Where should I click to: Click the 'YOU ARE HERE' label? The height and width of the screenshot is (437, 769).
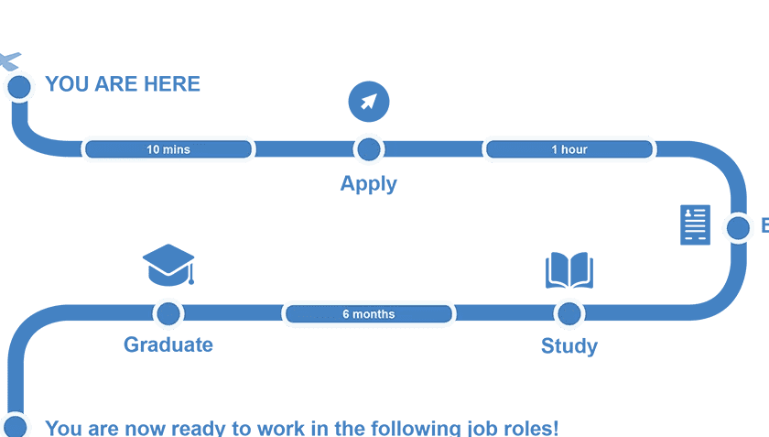[123, 84]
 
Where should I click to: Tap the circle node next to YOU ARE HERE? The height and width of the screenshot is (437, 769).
[19, 87]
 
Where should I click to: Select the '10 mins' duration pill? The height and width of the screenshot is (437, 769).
[168, 149]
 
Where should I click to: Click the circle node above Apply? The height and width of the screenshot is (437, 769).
[369, 149]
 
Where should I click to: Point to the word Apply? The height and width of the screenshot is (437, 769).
[368, 183]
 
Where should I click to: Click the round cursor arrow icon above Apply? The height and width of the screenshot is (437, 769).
[369, 101]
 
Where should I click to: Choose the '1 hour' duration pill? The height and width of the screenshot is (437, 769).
[569, 149]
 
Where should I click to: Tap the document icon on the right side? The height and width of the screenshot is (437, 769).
[695, 224]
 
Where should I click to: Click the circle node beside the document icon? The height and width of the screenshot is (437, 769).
[738, 227]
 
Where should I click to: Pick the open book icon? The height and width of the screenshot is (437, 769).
[569, 271]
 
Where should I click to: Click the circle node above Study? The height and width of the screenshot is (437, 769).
[569, 313]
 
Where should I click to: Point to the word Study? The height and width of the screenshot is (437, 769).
[569, 346]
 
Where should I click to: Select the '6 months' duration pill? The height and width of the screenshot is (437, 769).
[369, 314]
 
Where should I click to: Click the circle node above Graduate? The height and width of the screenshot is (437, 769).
[168, 313]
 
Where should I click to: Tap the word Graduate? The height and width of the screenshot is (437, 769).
[168, 345]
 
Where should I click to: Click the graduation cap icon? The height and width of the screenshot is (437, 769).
[168, 264]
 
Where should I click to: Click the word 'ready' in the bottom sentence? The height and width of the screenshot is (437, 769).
[200, 428]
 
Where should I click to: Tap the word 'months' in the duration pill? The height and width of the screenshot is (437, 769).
[375, 314]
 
